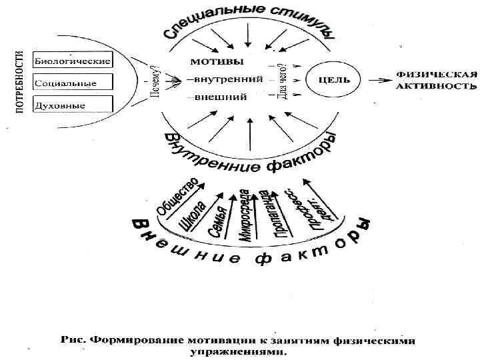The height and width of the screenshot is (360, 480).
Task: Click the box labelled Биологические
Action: click(71, 59)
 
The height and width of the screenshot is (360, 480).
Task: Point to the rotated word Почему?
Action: click(155, 83)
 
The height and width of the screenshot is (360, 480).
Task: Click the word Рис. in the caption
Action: click(73, 340)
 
